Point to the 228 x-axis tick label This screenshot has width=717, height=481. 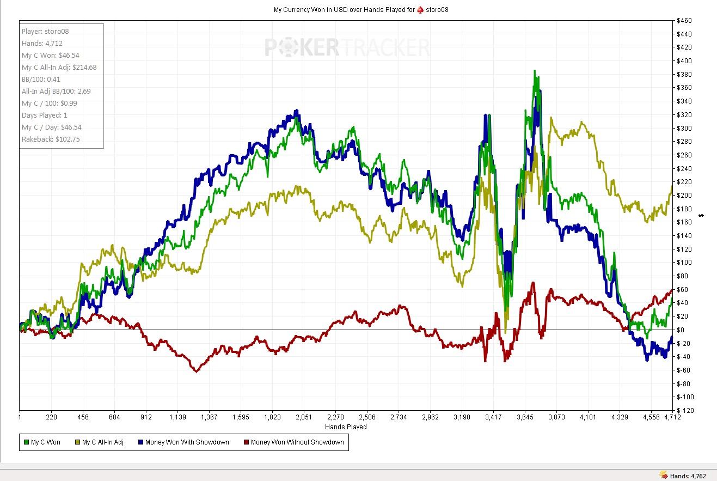(51, 417)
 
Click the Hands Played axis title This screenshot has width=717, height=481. (346, 427)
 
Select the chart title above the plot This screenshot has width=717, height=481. (361, 10)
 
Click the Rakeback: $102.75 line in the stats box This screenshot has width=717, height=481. (51, 139)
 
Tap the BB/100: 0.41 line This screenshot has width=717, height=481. (41, 80)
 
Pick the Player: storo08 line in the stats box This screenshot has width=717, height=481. (45, 32)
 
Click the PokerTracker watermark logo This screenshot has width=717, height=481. (347, 48)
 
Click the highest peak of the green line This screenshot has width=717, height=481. (535, 71)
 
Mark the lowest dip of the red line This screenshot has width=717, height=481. (197, 372)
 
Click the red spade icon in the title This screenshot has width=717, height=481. (420, 10)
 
